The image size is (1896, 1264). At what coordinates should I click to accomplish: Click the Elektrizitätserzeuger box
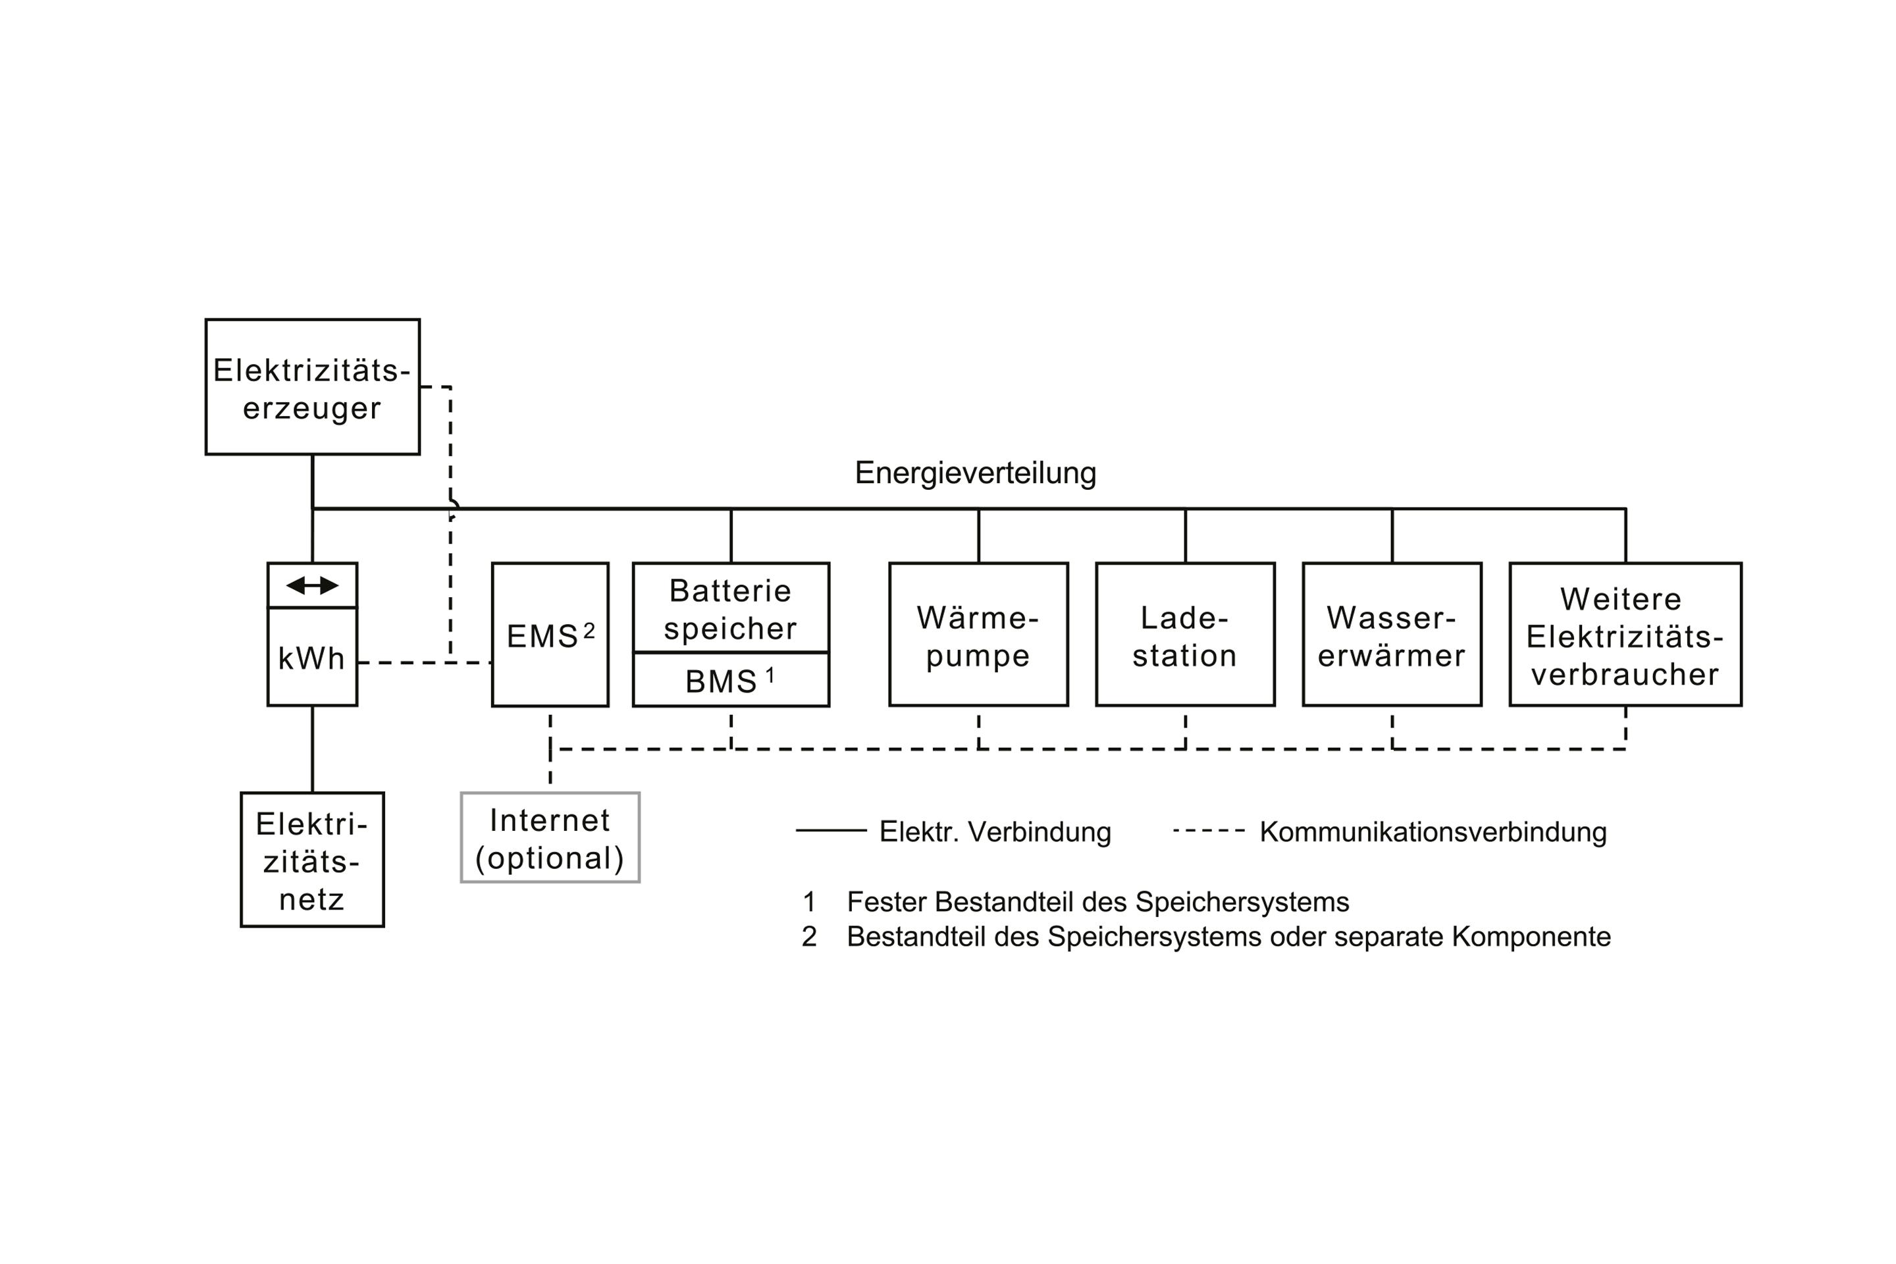pyautogui.click(x=312, y=387)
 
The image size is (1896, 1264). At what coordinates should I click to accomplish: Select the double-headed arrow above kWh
pyautogui.click(x=312, y=585)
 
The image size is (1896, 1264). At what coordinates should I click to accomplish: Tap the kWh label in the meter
pyautogui.click(x=311, y=658)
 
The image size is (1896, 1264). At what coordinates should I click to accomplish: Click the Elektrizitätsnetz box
pyautogui.click(x=312, y=860)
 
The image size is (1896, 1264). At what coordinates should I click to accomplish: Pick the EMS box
pyautogui.click(x=550, y=637)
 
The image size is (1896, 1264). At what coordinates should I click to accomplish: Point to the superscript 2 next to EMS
pyautogui.click(x=589, y=631)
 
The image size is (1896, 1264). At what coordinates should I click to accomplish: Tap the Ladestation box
pyautogui.click(x=1184, y=635)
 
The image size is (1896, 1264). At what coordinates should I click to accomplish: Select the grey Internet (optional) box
pyautogui.click(x=550, y=838)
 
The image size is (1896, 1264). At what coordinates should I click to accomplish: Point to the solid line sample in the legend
pyautogui.click(x=830, y=830)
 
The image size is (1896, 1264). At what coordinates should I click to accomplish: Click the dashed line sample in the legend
pyautogui.click(x=1209, y=830)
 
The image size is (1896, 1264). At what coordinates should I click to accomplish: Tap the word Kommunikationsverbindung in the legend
pyautogui.click(x=1433, y=832)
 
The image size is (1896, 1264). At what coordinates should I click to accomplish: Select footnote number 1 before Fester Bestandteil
pyautogui.click(x=809, y=902)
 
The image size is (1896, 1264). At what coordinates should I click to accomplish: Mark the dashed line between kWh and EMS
pyautogui.click(x=403, y=663)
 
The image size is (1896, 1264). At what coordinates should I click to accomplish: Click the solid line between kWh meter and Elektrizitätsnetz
pyautogui.click(x=312, y=750)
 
